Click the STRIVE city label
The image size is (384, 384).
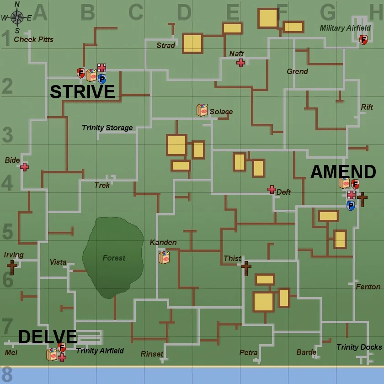pos(82,92)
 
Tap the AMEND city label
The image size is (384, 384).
pos(343,172)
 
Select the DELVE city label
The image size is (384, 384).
pos(48,337)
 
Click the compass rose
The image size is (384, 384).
pos(17,18)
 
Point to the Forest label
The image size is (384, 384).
pos(114,258)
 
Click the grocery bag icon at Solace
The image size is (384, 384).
pos(202,110)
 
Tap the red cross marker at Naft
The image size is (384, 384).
pos(240,63)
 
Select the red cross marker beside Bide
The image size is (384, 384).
pos(24,167)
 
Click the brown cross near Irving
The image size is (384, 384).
pos(12,267)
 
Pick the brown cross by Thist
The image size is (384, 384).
pos(246,268)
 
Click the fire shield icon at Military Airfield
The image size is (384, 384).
pos(363,40)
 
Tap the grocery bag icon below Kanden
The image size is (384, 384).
pos(164,257)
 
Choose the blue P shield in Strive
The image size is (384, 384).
pos(102,79)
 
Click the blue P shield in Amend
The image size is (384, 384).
pos(351,206)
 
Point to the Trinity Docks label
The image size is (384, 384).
pos(359,347)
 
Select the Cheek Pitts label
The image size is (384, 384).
pos(33,39)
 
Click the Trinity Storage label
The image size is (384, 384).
pos(107,128)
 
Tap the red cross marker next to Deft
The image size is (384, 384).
pos(272,189)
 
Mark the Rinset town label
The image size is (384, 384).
pos(152,354)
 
